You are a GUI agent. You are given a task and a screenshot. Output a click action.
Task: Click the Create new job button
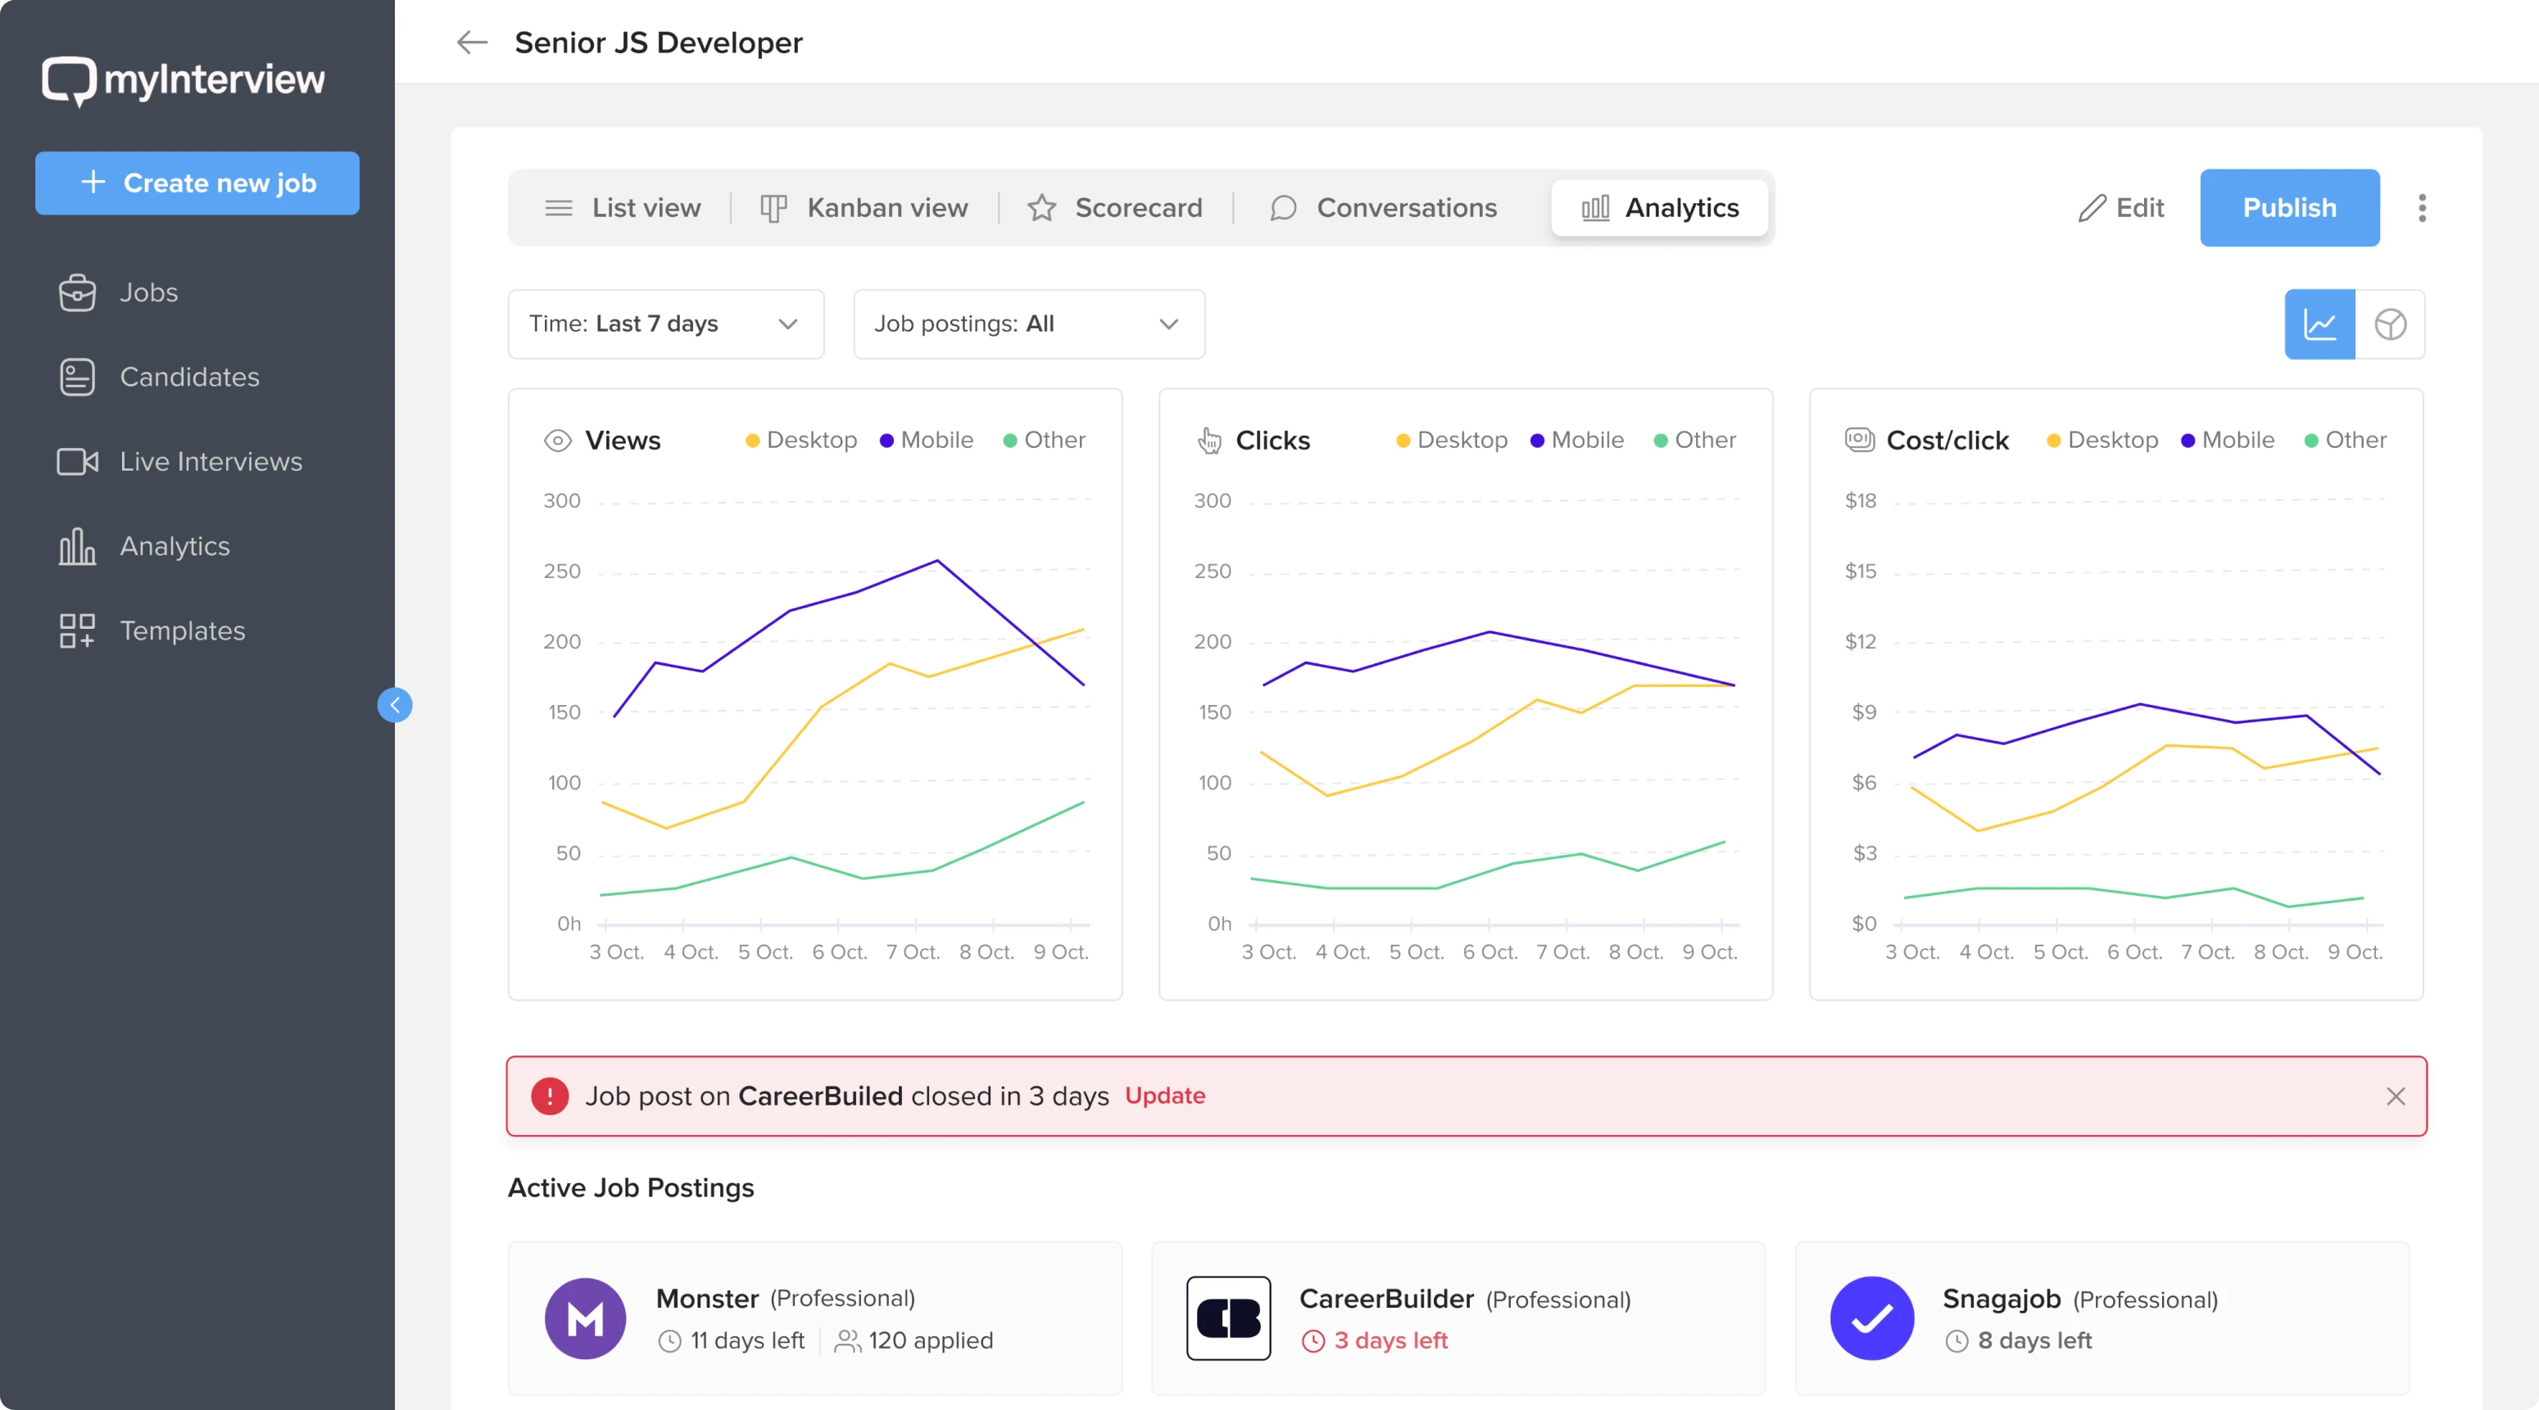(x=197, y=183)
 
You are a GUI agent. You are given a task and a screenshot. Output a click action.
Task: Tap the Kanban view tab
(x=864, y=208)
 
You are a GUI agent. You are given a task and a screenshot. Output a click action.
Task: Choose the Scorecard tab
(x=1115, y=208)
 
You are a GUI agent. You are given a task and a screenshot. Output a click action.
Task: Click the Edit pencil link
(x=2121, y=208)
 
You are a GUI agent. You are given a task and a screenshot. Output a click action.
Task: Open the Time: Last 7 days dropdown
(x=665, y=324)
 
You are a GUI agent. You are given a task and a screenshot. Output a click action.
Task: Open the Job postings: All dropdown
(x=1028, y=324)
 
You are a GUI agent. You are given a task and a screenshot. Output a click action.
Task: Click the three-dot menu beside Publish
(x=2422, y=208)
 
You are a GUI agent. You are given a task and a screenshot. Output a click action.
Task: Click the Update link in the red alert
(x=1164, y=1096)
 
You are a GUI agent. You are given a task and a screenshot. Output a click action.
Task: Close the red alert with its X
(x=2395, y=1096)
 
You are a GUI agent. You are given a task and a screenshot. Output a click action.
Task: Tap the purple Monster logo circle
(x=586, y=1318)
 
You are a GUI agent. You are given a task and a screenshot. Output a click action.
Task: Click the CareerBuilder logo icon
(x=1228, y=1318)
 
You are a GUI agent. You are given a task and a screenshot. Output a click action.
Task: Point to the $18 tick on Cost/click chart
(x=1861, y=500)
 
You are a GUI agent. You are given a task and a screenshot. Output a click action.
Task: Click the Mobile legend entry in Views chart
(x=927, y=441)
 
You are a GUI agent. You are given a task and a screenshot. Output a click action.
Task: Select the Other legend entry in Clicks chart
(x=1694, y=441)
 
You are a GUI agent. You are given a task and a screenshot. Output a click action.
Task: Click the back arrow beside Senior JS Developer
(x=472, y=43)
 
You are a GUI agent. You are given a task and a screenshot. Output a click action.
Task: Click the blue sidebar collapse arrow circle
(x=395, y=704)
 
